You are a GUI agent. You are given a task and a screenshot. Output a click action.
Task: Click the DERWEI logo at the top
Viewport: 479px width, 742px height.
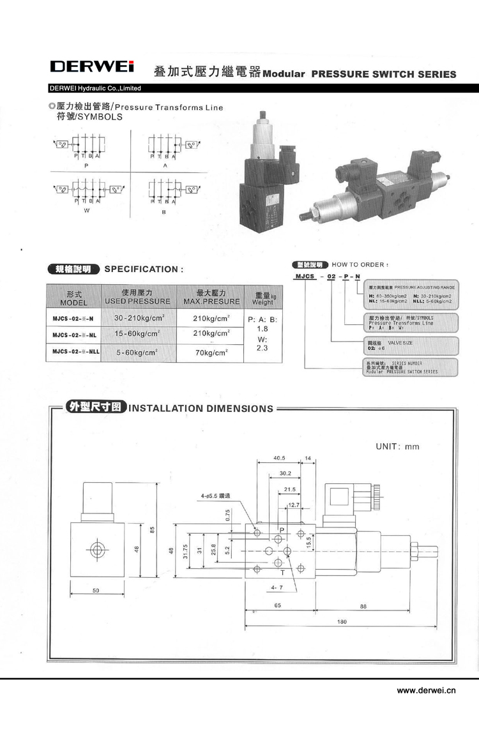click(92, 67)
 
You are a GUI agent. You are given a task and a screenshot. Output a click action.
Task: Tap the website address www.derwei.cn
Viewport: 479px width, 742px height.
click(424, 690)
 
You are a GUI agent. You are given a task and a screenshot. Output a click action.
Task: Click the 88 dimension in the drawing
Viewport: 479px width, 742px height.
click(363, 607)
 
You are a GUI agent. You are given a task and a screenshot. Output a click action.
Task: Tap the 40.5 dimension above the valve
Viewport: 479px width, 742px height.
click(278, 458)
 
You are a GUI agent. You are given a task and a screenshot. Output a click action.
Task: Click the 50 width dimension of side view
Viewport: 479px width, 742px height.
click(95, 591)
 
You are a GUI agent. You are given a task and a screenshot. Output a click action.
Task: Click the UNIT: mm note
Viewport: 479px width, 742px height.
click(397, 446)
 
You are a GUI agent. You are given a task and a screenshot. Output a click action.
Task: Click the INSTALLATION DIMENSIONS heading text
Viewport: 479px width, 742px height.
click(201, 409)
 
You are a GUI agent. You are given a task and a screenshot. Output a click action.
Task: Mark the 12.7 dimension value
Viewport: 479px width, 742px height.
click(294, 505)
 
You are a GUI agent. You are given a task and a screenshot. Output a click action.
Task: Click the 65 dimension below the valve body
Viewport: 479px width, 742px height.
click(278, 607)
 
